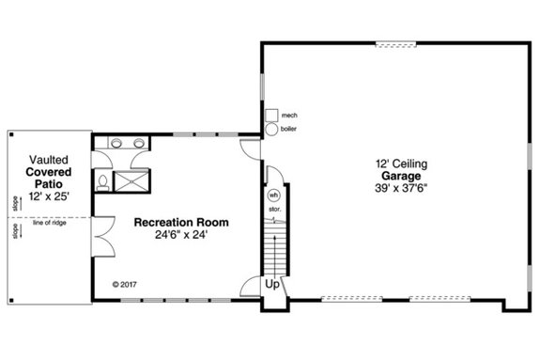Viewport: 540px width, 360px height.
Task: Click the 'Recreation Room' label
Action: pyautogui.click(x=180, y=223)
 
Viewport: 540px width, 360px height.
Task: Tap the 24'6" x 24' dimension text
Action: pyautogui.click(x=180, y=235)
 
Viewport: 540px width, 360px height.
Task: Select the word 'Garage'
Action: pyautogui.click(x=400, y=176)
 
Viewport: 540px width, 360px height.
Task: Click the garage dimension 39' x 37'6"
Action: pyautogui.click(x=400, y=188)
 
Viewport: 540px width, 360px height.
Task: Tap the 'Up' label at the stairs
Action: pyautogui.click(x=272, y=283)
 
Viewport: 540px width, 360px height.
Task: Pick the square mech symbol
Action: pyautogui.click(x=270, y=115)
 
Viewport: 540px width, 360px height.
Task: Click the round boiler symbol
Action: pyautogui.click(x=270, y=130)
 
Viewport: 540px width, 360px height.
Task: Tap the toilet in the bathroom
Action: pyautogui.click(x=103, y=180)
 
